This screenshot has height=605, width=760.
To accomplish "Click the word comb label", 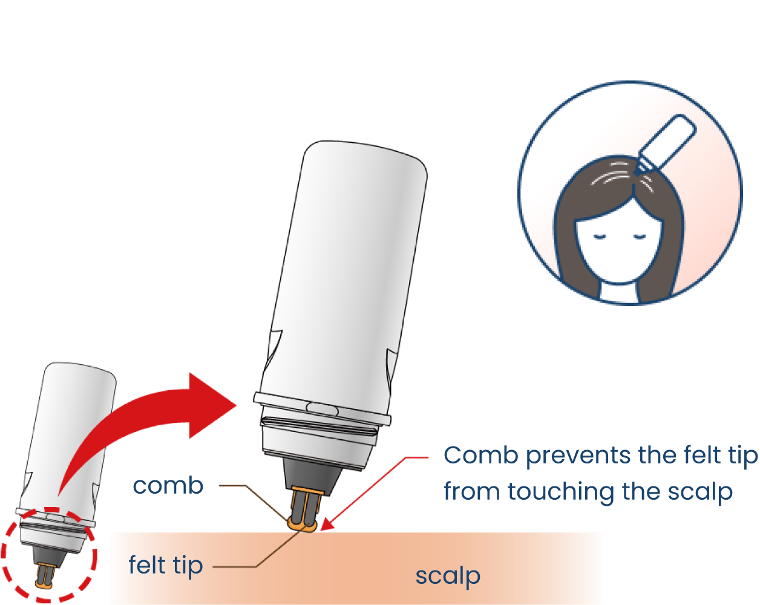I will (x=168, y=486).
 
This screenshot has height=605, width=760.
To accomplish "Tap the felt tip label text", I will (x=165, y=566).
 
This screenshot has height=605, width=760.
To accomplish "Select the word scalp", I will (x=448, y=575).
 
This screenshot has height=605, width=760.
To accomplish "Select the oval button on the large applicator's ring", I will (x=321, y=407).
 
